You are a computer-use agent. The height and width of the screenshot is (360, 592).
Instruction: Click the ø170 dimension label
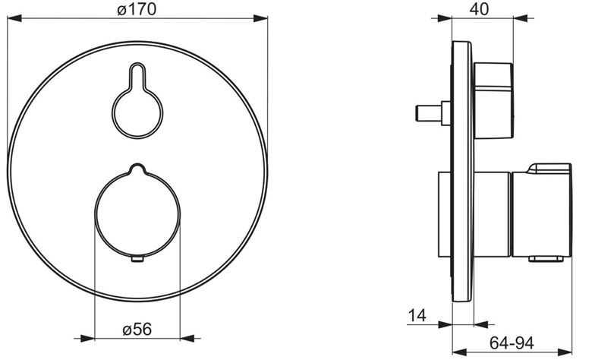[x=137, y=9]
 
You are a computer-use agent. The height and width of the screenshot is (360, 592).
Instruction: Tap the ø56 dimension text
[x=137, y=329]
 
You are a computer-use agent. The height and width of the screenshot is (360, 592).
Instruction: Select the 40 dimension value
[x=479, y=9]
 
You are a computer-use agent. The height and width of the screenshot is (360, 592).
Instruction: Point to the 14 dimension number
[x=417, y=315]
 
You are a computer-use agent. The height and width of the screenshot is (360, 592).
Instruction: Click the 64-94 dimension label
[x=512, y=343]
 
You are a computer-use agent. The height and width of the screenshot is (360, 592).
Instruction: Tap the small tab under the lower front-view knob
[x=137, y=259]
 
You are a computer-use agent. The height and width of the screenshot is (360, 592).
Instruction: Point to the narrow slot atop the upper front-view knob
[x=137, y=75]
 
